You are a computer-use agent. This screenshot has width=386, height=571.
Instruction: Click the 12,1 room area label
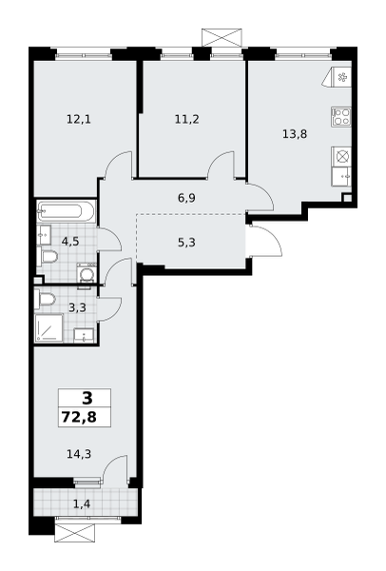pos(79,119)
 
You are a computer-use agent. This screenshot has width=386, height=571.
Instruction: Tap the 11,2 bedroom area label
pos(187,119)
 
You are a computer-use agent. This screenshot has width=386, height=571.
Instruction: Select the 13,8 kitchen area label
pos(295,134)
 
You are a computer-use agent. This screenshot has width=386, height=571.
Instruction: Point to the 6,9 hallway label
pos(187,198)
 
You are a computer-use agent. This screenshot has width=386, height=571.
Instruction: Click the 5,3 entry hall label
pos(187,242)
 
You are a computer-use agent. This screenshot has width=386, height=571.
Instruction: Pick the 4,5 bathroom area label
pos(70,241)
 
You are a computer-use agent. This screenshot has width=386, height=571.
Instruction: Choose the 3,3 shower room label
pos(78,307)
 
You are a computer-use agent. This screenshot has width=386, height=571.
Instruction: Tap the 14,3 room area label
pos(79,454)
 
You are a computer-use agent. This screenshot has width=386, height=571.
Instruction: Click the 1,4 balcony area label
pos(82,504)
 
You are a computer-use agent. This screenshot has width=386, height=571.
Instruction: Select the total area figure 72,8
pos(79,417)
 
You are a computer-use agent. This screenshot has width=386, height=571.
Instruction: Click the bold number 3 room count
pos(87,398)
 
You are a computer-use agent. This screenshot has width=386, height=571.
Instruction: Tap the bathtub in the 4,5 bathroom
pos(66,211)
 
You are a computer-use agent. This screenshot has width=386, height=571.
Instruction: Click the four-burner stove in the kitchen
pos(341,116)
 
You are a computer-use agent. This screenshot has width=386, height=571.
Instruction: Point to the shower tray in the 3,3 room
pos(49,328)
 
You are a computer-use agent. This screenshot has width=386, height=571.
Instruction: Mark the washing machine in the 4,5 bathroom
pos(87,273)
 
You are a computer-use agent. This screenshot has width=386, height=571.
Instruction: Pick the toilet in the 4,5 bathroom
pos(48,256)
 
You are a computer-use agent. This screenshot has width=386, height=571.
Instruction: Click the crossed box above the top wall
pos(222,37)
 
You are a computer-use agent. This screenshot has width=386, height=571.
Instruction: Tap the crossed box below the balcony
pos(74,534)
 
